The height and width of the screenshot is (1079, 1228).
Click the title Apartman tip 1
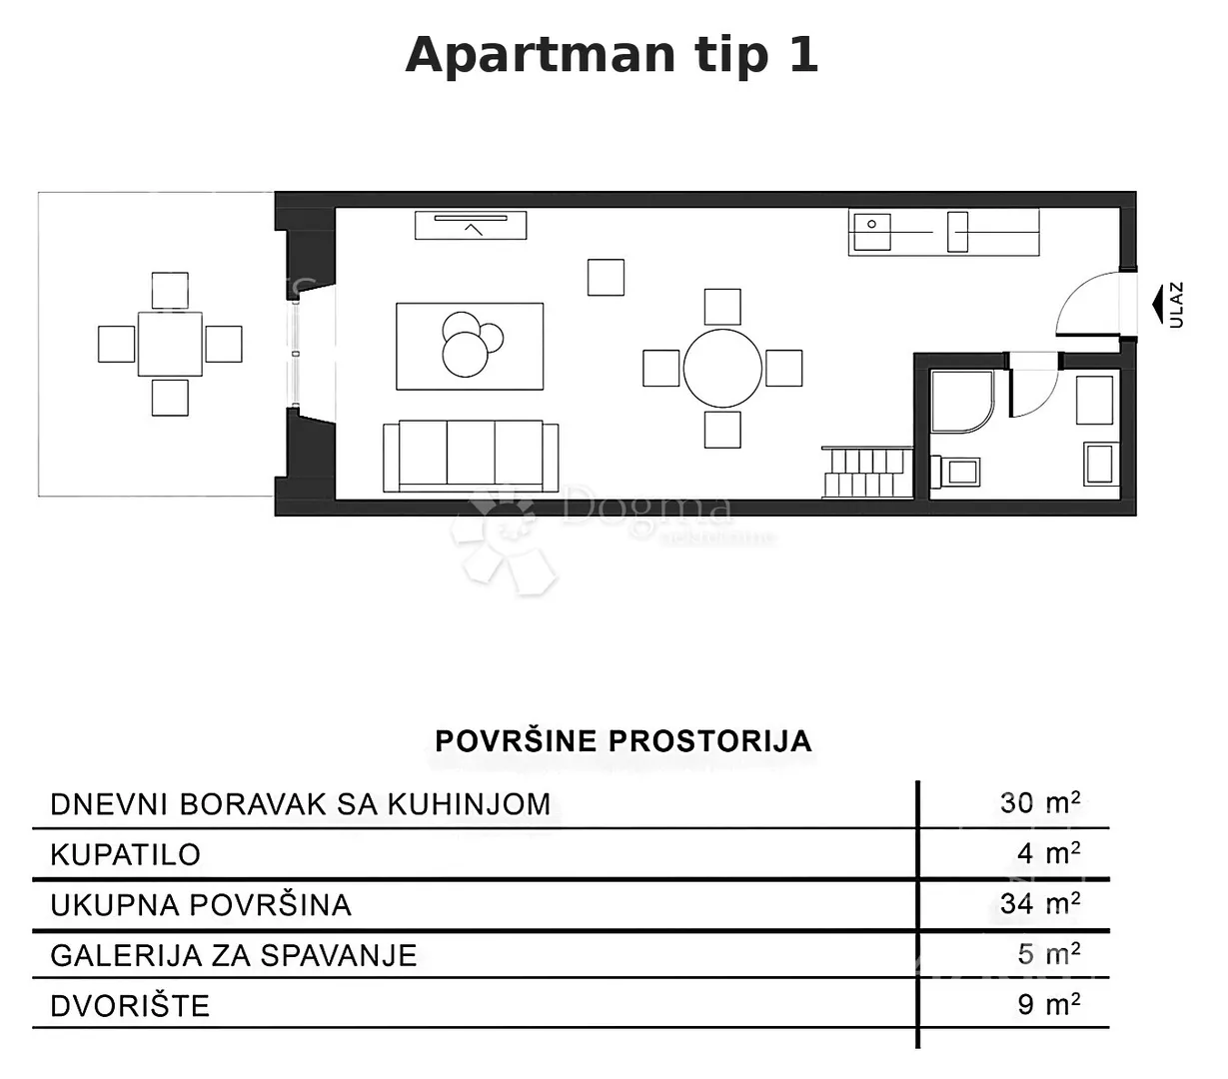pos(612,55)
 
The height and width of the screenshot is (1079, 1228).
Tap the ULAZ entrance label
pos(1176,305)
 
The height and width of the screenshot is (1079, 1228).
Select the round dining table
pos(722,368)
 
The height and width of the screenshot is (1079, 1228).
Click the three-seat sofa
pos(471,456)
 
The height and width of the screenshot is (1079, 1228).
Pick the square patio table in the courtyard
pos(170,344)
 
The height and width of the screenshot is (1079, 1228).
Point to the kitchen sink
pos(872,232)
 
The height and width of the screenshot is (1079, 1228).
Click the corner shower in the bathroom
pos(962,402)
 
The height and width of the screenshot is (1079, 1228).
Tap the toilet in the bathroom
pos(956,472)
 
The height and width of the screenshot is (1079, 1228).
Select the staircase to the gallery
pos(867,473)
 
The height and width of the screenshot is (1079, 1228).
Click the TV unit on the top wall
pos(471,225)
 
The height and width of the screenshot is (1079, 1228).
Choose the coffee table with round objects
pos(470,346)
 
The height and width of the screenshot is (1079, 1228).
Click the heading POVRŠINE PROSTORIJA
pos(623,740)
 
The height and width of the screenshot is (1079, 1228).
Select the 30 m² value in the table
pos(1040,803)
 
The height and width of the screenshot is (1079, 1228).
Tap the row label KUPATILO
pos(126,855)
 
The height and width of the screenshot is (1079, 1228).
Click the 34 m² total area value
pos(1040,904)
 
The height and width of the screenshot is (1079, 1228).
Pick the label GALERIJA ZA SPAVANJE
pos(234,956)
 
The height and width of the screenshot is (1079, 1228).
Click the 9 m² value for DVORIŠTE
pos(1048,1005)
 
